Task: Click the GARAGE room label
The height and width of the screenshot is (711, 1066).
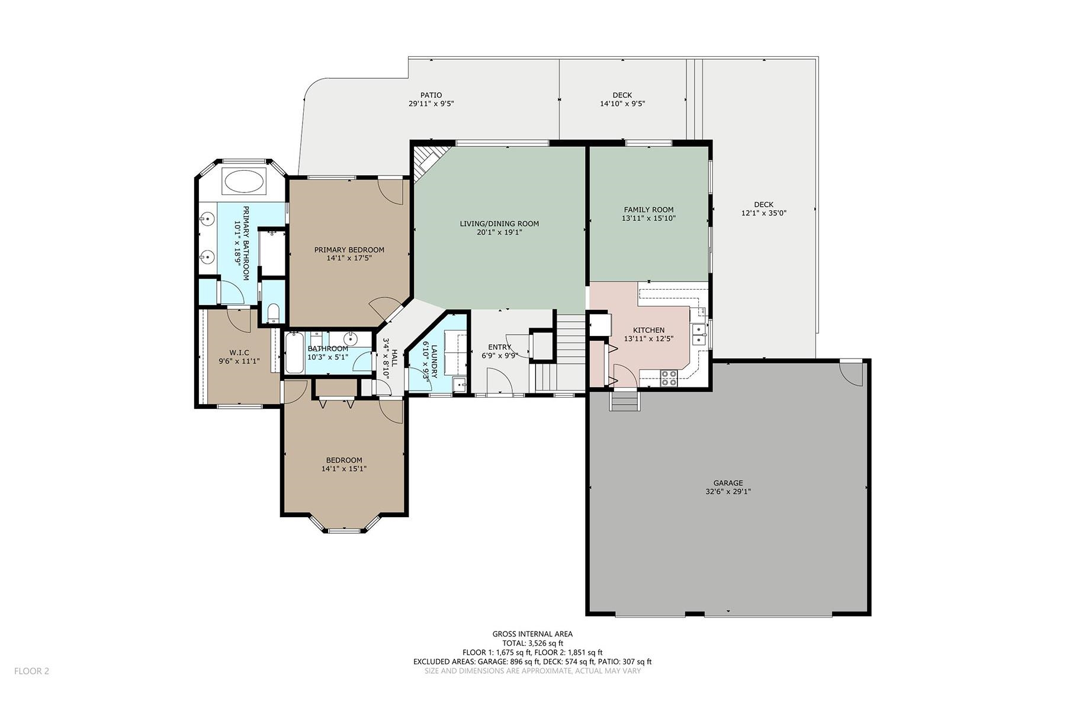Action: (x=728, y=483)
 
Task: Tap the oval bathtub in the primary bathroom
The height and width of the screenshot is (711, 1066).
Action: (x=244, y=181)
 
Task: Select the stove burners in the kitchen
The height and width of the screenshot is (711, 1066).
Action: (x=669, y=378)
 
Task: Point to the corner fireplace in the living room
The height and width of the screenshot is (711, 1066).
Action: (x=425, y=162)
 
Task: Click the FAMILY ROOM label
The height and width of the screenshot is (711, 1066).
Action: (x=648, y=210)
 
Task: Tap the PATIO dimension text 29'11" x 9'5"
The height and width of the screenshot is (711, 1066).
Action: (x=431, y=104)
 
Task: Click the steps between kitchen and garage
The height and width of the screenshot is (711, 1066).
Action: (x=625, y=401)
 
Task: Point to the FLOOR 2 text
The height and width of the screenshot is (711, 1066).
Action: (x=31, y=671)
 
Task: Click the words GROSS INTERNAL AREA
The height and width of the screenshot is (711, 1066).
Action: (x=532, y=634)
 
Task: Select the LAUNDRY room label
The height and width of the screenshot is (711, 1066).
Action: (x=434, y=361)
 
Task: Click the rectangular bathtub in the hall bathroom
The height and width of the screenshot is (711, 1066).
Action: (x=294, y=353)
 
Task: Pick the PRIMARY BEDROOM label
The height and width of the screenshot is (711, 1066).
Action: (x=349, y=250)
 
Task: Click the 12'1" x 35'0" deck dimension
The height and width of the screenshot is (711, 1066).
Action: (x=764, y=213)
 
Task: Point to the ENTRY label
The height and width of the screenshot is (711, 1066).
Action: (x=499, y=347)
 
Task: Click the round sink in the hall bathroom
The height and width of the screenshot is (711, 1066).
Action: (x=350, y=339)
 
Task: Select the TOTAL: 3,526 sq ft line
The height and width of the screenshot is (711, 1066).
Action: (x=532, y=643)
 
